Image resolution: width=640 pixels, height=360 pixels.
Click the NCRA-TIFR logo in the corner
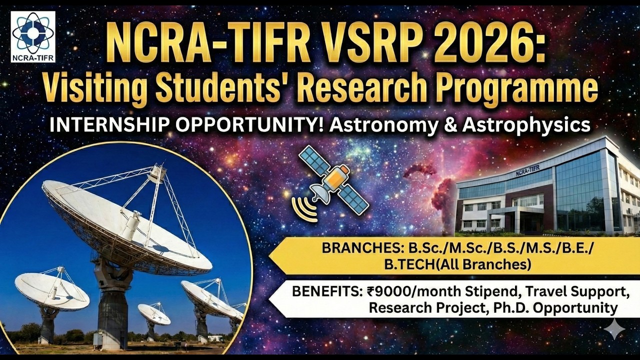point(33,36)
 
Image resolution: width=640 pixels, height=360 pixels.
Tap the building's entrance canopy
point(515,211)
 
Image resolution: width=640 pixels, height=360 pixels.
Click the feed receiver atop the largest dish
point(157,173)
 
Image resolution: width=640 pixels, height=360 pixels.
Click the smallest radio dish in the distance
point(153,314)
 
